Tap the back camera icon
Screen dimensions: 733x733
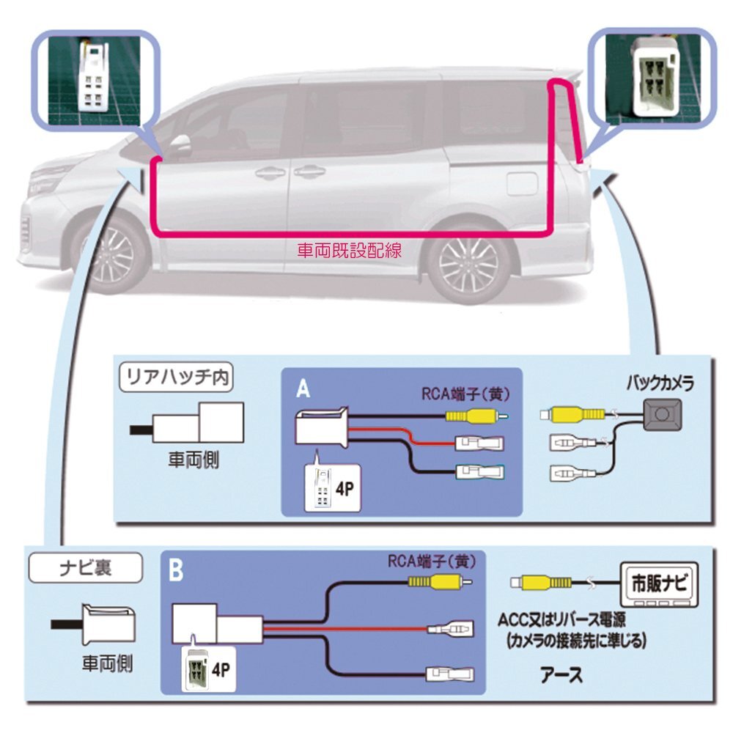[662, 415]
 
